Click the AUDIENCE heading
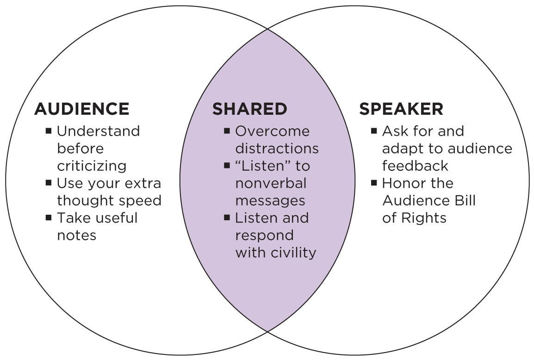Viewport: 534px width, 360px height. point(81,109)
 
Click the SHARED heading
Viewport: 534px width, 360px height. point(249,109)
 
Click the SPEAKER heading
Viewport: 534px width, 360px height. point(401,109)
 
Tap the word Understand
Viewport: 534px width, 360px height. point(98,131)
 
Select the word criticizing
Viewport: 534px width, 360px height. point(92,166)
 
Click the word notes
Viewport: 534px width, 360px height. point(76,235)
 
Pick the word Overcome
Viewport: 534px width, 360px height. point(272,131)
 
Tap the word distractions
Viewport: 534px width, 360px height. point(277,149)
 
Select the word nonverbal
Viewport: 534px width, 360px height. point(271,183)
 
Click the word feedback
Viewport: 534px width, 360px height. point(415,166)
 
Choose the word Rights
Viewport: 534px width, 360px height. point(424,218)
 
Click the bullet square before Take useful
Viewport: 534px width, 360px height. point(49,217)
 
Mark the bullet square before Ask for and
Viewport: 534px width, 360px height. point(374,131)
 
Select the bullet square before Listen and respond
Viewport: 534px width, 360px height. point(227,217)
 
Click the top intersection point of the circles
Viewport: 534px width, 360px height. point(267,29)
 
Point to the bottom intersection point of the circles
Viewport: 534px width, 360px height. point(267,331)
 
